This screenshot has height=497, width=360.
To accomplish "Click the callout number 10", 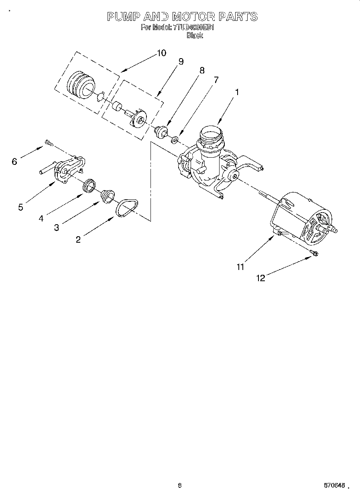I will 161,53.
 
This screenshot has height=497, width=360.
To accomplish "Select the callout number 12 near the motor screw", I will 261,278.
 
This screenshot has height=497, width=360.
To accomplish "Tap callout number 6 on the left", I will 14,161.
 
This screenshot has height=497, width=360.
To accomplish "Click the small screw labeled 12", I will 314,252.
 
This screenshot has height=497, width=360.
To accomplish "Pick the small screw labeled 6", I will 49,142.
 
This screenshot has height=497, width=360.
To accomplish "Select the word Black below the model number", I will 195,35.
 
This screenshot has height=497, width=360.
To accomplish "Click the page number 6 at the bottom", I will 180,485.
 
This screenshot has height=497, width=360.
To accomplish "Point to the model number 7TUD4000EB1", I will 194,28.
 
